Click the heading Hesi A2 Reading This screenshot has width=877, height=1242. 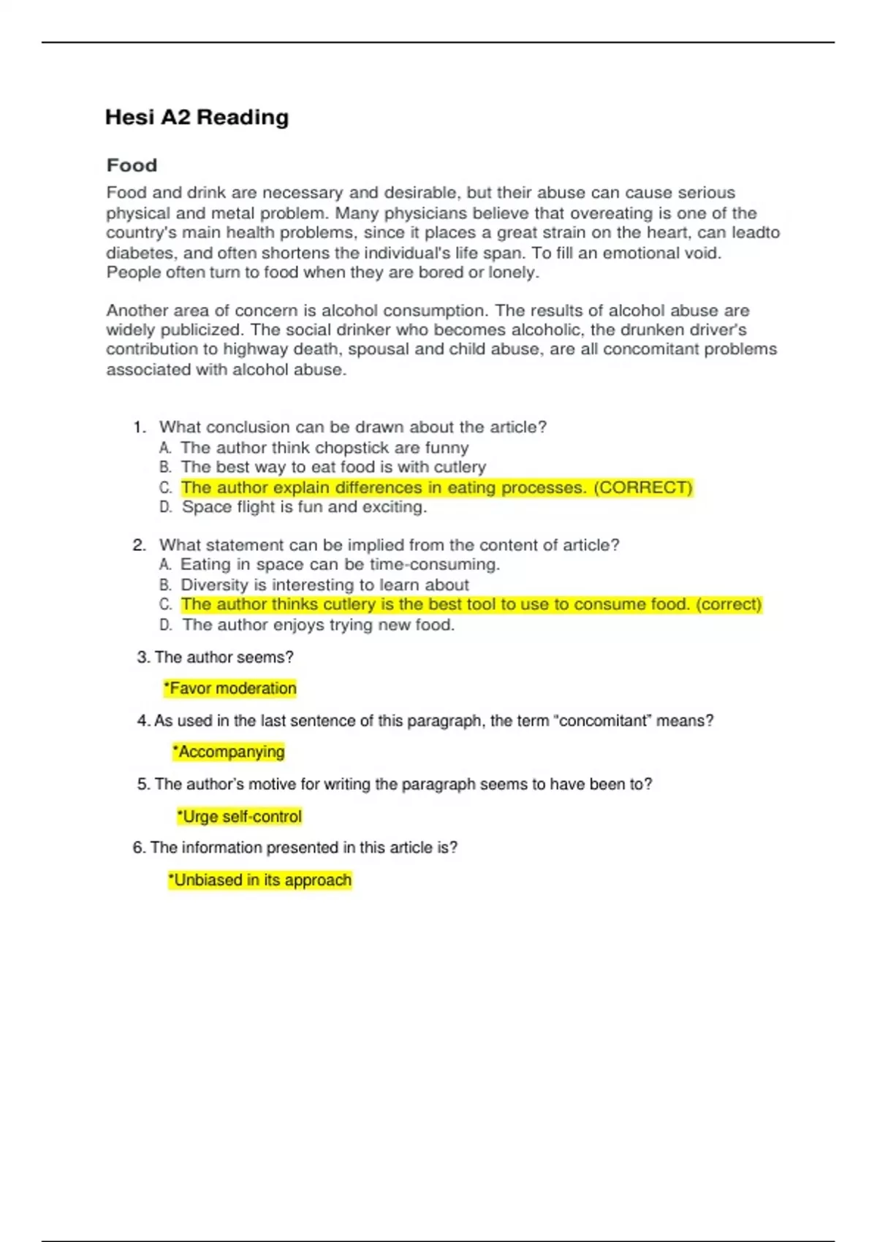tap(197, 117)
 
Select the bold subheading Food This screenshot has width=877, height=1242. tap(132, 165)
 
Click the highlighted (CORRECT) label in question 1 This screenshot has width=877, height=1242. tap(642, 487)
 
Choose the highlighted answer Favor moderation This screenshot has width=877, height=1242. tap(231, 688)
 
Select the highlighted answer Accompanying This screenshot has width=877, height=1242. tap(229, 752)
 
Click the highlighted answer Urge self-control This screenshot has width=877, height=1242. tap(240, 816)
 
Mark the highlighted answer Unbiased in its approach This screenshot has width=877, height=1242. tap(260, 880)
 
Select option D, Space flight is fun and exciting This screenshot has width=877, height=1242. tap(303, 507)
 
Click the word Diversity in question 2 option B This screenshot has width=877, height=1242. tap(214, 584)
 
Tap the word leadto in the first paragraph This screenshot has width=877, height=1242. tap(755, 233)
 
